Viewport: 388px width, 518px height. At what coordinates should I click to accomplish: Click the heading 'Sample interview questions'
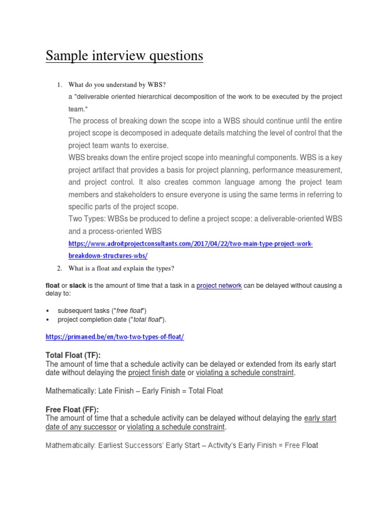[124, 56]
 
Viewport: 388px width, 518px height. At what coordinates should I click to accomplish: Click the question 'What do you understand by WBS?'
[117, 83]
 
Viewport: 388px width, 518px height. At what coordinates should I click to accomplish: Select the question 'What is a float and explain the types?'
[121, 268]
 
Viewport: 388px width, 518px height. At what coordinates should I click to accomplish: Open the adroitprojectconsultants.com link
[190, 244]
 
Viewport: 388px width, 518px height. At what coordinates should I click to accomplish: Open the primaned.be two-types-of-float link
[115, 337]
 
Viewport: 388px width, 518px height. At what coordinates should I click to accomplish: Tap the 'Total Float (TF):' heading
[77, 356]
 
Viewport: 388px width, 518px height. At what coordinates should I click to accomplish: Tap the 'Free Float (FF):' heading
[72, 409]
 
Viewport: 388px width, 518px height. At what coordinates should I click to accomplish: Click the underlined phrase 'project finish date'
[157, 373]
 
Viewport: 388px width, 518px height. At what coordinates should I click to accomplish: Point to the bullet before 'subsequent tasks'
[47, 311]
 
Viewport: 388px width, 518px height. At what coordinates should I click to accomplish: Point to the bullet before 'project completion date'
[47, 320]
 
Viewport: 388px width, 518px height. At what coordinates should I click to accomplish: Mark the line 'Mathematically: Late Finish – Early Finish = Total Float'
[134, 391]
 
